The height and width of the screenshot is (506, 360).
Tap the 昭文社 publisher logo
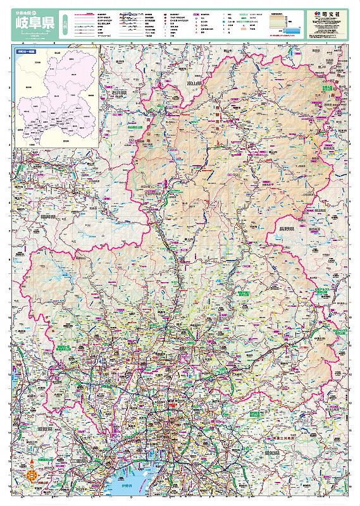pyautogui.click(x=330, y=13)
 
